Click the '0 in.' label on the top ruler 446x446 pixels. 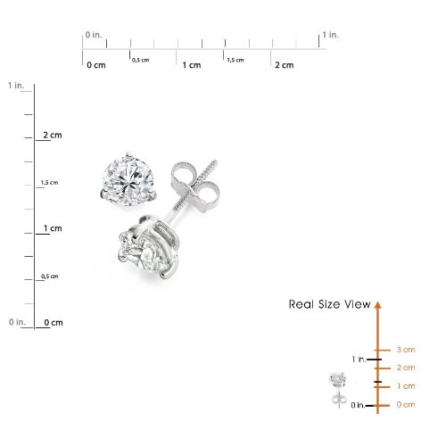pos(94,35)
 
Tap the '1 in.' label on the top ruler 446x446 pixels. pos(330,35)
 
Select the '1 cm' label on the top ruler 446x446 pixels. pos(192,65)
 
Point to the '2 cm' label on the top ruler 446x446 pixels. pos(285,65)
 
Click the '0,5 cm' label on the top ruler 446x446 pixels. pos(141,60)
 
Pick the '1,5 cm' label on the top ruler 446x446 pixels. pos(235,60)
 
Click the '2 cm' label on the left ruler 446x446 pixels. pos(53,136)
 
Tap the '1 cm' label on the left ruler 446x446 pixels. pos(53,228)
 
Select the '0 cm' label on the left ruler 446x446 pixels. pos(54,323)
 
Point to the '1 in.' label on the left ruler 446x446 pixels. pos(16,86)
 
